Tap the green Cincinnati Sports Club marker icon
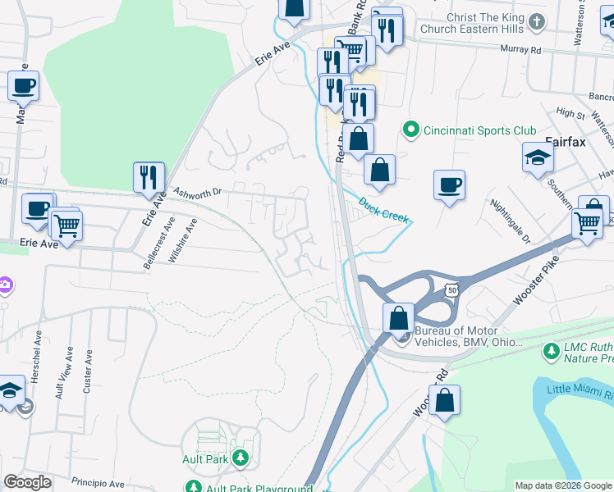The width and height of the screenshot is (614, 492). (410, 130)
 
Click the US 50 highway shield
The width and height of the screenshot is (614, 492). (451, 289)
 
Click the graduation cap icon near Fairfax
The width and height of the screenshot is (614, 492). (538, 157)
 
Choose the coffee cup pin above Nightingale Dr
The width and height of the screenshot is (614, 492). (449, 185)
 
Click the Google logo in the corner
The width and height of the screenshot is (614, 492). (27, 481)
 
